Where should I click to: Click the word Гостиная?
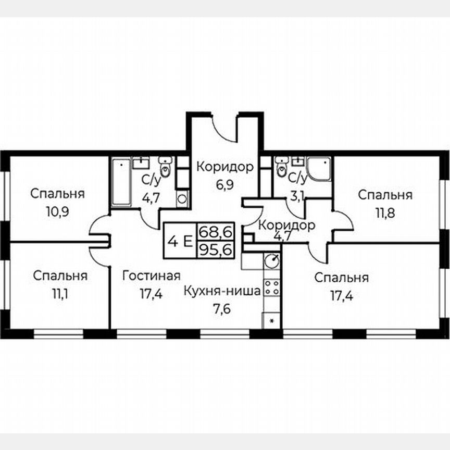pyautogui.click(x=152, y=276)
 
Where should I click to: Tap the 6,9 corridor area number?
pyautogui.click(x=225, y=185)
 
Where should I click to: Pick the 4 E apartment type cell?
pyautogui.click(x=179, y=241)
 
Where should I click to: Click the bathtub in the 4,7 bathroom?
pyautogui.click(x=121, y=182)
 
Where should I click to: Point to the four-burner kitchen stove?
pyautogui.click(x=271, y=288)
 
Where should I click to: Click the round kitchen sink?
pyautogui.click(x=271, y=259)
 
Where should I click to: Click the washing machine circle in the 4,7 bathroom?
pyautogui.click(x=182, y=197)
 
